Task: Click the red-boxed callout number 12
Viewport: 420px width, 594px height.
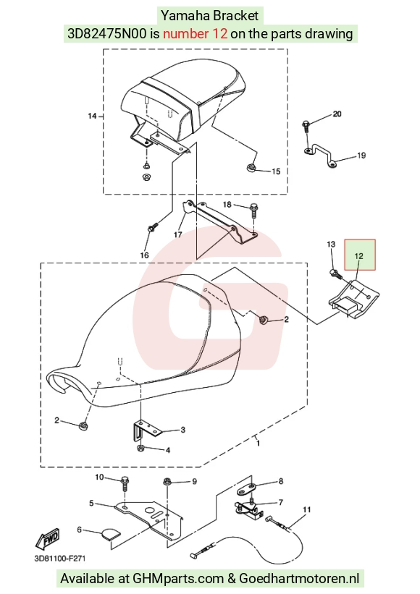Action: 358,256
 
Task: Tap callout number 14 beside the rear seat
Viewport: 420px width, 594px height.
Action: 93,116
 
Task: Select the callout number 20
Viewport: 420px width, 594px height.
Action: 337,114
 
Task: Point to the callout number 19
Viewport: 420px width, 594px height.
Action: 361,156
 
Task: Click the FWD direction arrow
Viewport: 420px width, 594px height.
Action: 48,539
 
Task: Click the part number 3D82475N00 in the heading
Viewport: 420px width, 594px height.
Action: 106,34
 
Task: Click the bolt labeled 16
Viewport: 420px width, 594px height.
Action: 152,229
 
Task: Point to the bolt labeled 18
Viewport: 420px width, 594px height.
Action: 253,211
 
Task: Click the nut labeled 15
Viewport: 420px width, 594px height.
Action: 251,167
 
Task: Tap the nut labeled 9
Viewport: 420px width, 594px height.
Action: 167,482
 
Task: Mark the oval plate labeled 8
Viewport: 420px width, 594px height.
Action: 248,489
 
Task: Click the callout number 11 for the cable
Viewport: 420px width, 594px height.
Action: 306,509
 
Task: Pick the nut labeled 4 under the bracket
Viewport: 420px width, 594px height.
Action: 140,449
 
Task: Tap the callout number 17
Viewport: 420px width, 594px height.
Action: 178,234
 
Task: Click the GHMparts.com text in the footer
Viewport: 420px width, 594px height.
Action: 178,579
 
